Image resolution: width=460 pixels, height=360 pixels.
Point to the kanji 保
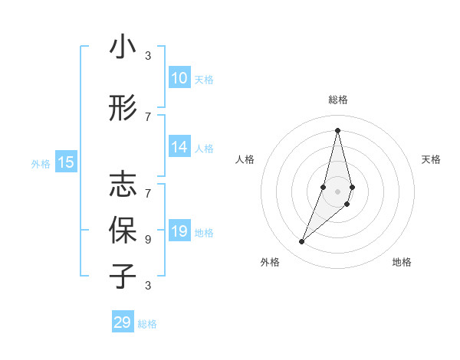coord(123,230)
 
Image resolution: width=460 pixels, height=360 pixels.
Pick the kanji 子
coord(123,276)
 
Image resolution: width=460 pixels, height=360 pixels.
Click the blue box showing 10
coord(179,78)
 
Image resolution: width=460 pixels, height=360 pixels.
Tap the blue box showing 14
coord(179,147)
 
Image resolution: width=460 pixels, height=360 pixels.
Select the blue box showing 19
coord(179,231)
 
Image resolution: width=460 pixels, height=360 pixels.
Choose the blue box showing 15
coord(66,162)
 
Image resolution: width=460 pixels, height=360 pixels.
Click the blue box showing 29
coord(123,322)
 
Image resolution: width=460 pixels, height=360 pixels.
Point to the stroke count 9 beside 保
coord(148,239)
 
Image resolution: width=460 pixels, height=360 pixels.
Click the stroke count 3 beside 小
coord(148,56)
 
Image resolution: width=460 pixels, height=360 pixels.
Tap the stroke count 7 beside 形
coord(148,116)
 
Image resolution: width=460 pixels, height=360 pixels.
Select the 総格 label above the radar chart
coord(337,100)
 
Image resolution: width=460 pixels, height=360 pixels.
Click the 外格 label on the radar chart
coord(270,262)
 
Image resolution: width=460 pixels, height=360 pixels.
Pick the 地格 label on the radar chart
coord(402,262)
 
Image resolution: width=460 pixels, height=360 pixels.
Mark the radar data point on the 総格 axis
coord(337,129)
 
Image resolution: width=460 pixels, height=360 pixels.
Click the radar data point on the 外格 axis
coord(302,242)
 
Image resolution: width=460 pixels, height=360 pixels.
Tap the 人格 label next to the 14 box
coord(204,149)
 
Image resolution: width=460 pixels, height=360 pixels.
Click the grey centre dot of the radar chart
coord(337,191)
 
